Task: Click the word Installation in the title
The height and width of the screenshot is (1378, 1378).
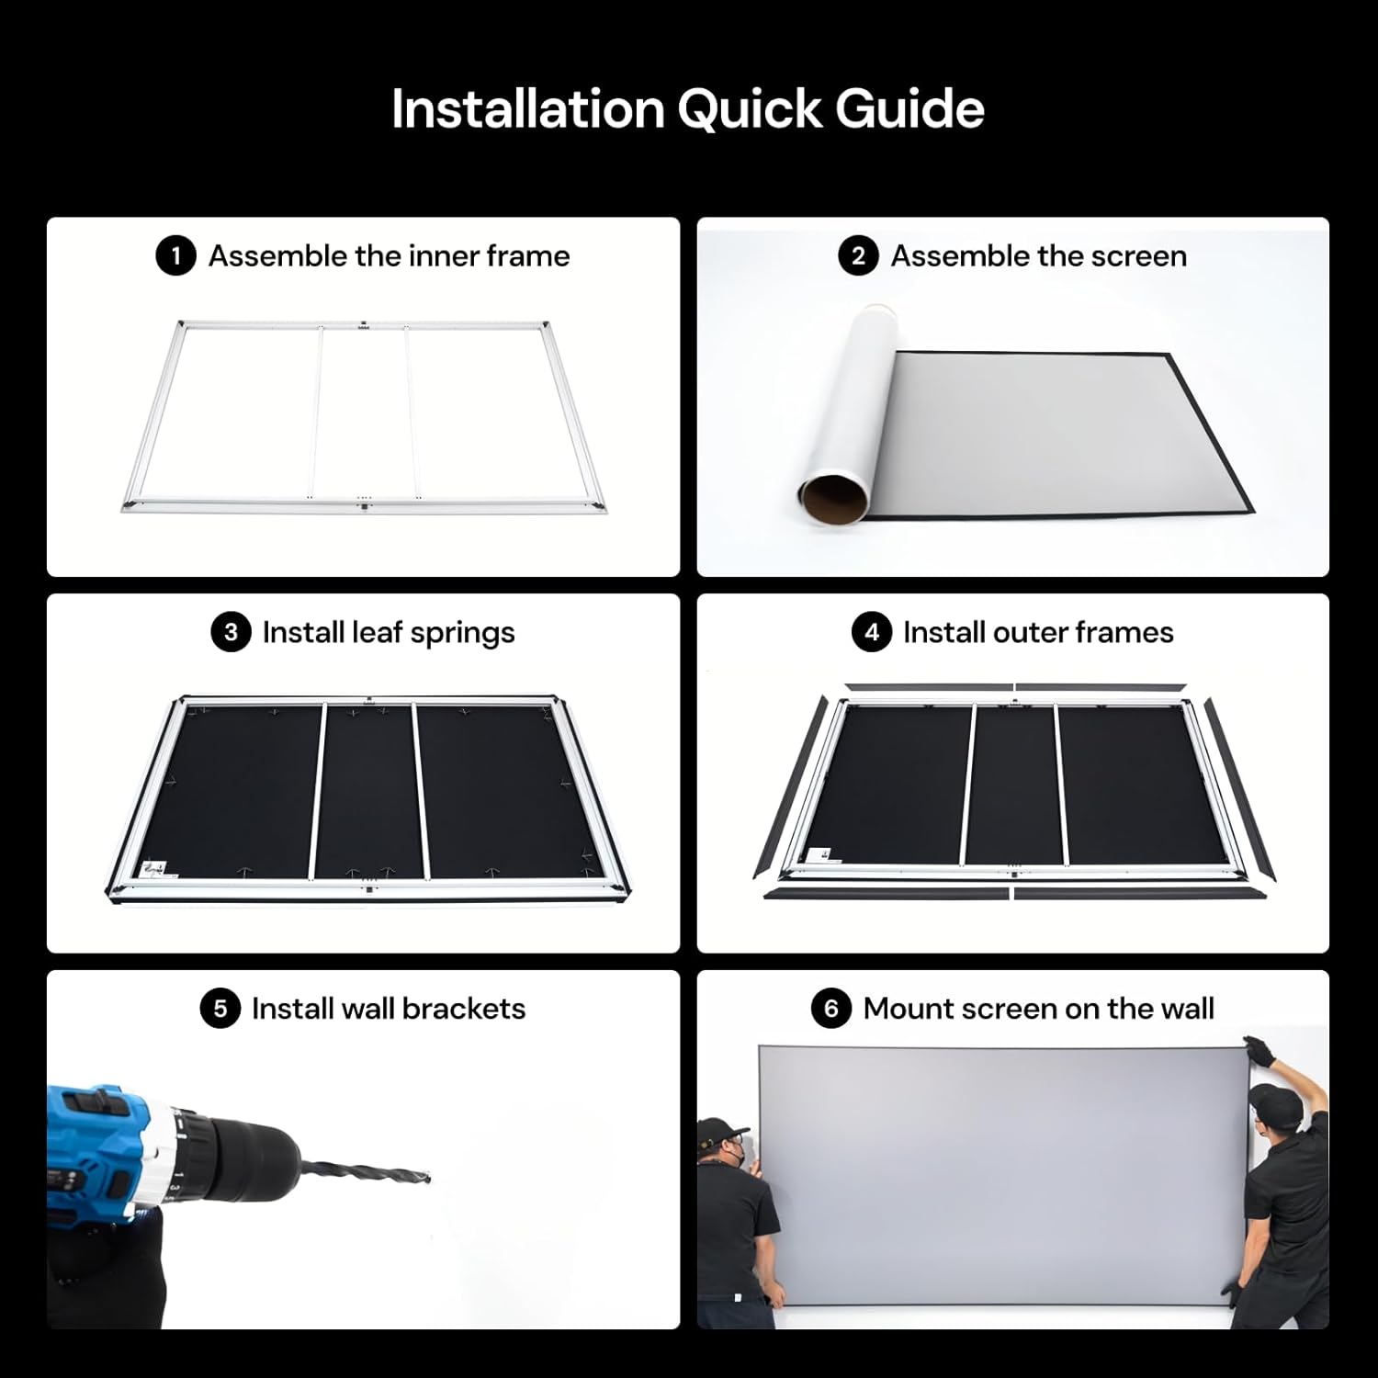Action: tap(528, 109)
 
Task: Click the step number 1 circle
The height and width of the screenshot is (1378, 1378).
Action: tap(175, 255)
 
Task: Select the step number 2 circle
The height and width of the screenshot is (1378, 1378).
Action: tap(858, 255)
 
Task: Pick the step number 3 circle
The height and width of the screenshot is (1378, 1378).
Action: tap(231, 632)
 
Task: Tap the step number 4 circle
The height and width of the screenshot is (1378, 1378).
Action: tap(871, 632)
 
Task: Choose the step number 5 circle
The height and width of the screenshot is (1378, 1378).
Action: tap(220, 1009)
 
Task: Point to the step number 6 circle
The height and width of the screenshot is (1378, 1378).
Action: tap(830, 1009)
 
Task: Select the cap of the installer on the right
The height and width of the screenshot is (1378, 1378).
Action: tap(1274, 1097)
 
